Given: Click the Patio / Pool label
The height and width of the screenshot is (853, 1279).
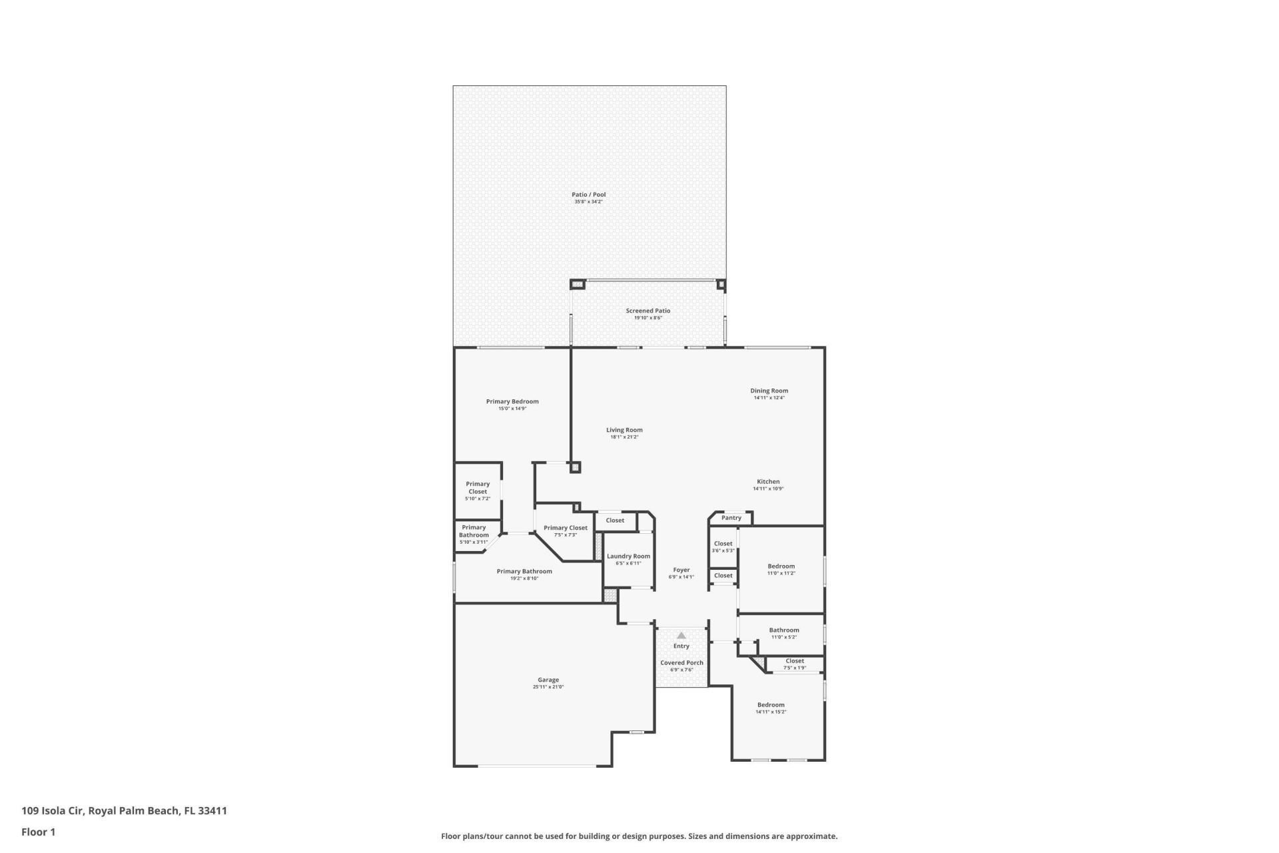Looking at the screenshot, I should point(588,195).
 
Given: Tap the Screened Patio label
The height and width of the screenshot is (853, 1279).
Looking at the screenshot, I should point(647,311).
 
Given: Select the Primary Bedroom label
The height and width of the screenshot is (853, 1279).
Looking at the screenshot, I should point(512,401).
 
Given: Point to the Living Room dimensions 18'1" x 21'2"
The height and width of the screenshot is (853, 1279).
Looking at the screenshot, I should point(624,437).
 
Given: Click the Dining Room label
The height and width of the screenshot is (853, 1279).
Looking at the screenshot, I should point(769,391).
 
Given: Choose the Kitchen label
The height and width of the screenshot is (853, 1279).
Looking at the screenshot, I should point(767,481).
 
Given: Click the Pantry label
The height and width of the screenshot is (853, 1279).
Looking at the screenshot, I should point(731,518).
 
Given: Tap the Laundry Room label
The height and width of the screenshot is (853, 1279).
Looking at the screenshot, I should point(628,556).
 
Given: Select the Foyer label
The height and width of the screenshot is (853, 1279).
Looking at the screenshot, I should point(681,570).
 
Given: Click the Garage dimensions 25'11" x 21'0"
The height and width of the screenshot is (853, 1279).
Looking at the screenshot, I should point(548,687).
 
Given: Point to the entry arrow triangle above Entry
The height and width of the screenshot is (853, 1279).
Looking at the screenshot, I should point(681,636).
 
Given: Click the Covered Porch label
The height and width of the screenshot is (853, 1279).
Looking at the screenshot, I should point(681,662).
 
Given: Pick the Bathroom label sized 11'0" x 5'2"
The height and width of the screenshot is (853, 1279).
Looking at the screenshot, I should point(783,630).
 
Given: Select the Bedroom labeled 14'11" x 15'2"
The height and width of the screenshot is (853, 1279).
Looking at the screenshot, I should point(770,704).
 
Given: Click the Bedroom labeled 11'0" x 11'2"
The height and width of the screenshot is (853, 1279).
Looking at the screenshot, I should point(781,566).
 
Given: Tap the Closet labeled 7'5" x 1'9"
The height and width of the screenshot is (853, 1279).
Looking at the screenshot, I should point(794,661).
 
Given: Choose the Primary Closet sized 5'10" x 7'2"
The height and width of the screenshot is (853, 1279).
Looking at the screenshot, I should point(477,488).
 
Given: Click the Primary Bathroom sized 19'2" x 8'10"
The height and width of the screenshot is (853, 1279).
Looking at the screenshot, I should point(524,571).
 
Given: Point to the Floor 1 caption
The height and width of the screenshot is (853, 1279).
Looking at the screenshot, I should point(38,832).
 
